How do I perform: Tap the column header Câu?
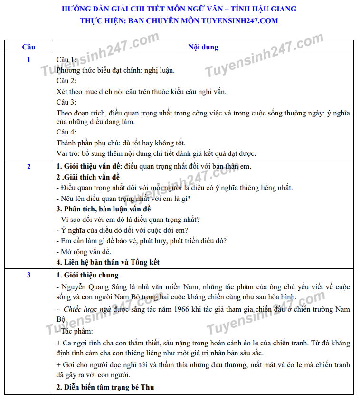(x=28, y=47)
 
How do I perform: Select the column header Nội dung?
(x=203, y=47)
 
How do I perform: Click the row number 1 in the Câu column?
(x=28, y=60)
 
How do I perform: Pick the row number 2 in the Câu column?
(x=28, y=166)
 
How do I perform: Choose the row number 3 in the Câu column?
(x=28, y=275)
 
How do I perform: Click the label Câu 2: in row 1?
(x=66, y=81)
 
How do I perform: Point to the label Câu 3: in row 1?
(x=66, y=102)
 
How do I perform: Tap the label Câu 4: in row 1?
(x=66, y=132)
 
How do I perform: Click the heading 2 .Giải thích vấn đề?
(x=88, y=177)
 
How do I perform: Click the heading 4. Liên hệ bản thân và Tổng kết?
(x=108, y=262)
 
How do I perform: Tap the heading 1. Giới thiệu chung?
(x=87, y=275)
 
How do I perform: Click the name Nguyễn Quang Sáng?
(x=87, y=287)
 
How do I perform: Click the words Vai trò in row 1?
(x=67, y=153)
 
